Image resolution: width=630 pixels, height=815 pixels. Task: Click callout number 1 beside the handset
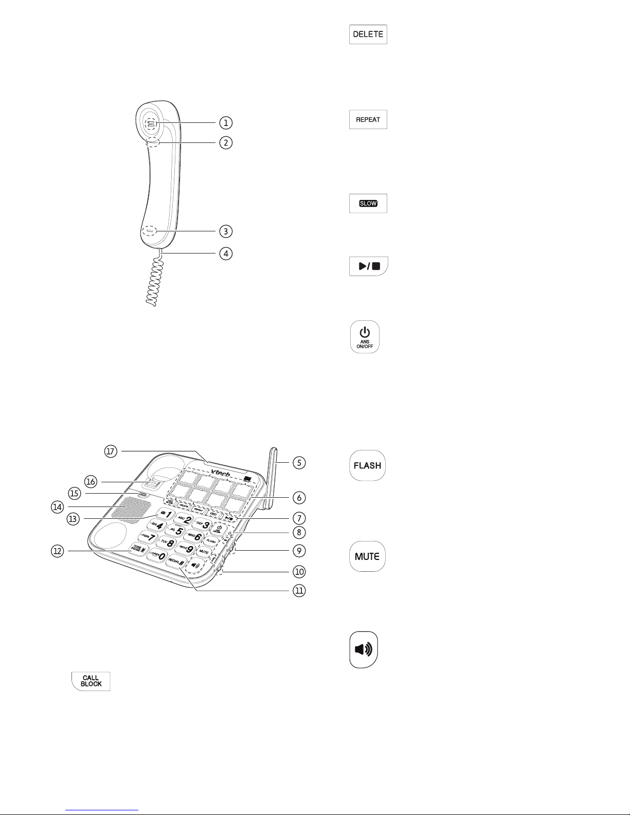pyautogui.click(x=225, y=123)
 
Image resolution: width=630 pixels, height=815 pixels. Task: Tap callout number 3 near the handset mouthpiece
pyautogui.click(x=225, y=231)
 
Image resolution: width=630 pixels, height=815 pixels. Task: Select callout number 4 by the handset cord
pyautogui.click(x=225, y=253)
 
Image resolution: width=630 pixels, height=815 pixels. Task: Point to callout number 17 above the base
pyautogui.click(x=111, y=451)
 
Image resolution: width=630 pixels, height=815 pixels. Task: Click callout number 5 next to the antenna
pyautogui.click(x=299, y=463)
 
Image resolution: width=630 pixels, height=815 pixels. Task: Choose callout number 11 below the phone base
pyautogui.click(x=298, y=591)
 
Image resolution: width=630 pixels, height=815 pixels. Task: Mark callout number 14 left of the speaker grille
pyautogui.click(x=57, y=507)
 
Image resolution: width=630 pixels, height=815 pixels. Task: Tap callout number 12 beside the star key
pyautogui.click(x=57, y=551)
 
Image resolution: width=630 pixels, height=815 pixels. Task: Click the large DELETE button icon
pyautogui.click(x=368, y=34)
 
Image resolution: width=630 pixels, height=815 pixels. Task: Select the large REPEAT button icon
pyautogui.click(x=368, y=119)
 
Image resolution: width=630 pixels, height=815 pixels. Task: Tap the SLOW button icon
pyautogui.click(x=368, y=204)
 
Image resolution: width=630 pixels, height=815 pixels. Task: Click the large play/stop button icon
pyautogui.click(x=369, y=266)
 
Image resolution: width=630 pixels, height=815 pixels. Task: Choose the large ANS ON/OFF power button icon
pyautogui.click(x=365, y=337)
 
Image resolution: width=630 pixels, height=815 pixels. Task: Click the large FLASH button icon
pyautogui.click(x=367, y=465)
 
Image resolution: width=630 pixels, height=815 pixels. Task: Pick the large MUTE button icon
pyautogui.click(x=367, y=556)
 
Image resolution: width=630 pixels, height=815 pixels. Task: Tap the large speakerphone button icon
pyautogui.click(x=364, y=649)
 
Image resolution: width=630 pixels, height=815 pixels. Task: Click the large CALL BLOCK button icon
pyautogui.click(x=91, y=681)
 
